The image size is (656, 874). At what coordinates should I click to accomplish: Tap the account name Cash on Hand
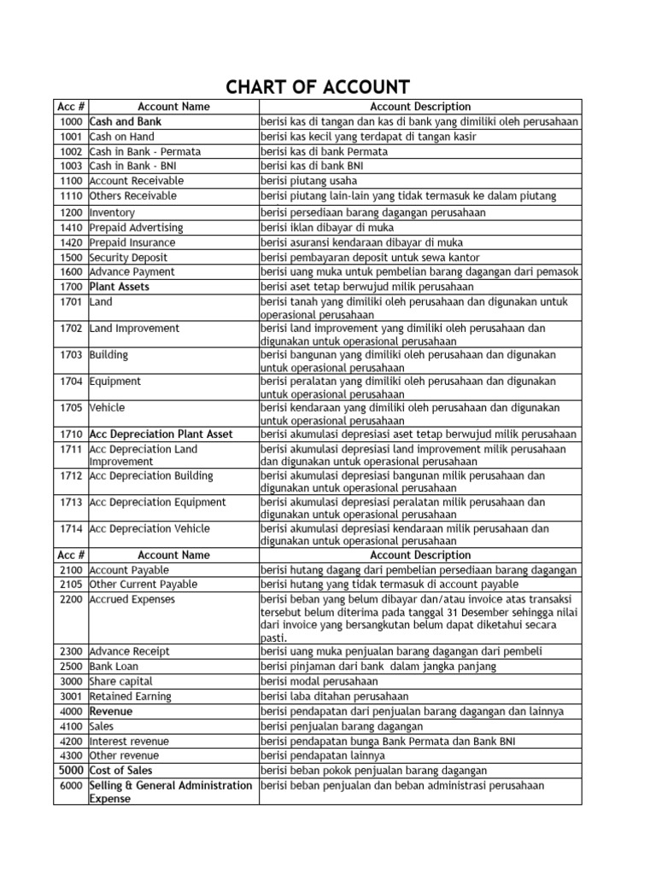point(122,137)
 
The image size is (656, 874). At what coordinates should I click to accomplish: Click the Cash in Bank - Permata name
point(145,151)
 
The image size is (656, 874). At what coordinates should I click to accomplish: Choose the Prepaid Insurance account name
point(133,242)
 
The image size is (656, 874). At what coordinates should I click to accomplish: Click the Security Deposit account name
point(128,257)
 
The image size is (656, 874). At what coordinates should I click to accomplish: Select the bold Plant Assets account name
point(120,287)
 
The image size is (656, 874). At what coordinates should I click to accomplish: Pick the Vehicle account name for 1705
point(108,408)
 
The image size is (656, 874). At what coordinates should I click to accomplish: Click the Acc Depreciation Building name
point(151,475)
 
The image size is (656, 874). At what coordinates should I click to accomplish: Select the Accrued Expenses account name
point(132,599)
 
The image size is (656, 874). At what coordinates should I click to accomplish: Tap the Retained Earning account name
point(131,696)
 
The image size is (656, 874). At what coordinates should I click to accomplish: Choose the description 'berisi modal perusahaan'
point(319,681)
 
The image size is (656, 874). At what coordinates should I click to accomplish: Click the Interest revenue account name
point(130,741)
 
